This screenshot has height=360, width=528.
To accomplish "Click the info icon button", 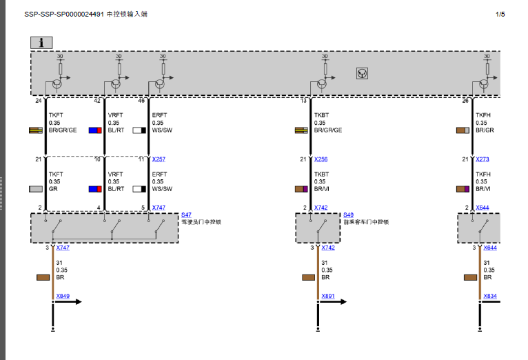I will [x=41, y=42].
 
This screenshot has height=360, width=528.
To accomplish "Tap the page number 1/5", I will [x=500, y=14].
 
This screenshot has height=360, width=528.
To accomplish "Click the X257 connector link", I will [x=159, y=159].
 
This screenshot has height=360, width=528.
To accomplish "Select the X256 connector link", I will [x=321, y=159].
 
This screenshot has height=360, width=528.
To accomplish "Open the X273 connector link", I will [x=483, y=159].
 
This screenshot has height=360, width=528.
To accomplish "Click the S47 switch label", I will [x=186, y=215].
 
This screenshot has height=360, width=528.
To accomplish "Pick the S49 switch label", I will [x=348, y=215].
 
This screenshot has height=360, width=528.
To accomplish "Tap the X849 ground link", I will [x=63, y=296].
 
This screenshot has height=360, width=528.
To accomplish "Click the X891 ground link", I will [x=327, y=296].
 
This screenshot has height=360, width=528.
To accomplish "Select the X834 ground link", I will [x=489, y=296].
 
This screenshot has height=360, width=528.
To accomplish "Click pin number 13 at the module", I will [x=303, y=101].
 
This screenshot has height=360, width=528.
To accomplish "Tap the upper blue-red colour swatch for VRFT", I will [x=95, y=130].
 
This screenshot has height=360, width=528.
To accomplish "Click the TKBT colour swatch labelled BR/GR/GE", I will [x=301, y=130].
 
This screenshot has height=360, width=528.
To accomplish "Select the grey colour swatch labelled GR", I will [x=36, y=188].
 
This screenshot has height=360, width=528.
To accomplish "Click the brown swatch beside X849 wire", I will [x=41, y=277].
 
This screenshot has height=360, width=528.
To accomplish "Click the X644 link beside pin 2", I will [x=483, y=207].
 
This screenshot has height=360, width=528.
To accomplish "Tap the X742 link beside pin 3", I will [x=328, y=247].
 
